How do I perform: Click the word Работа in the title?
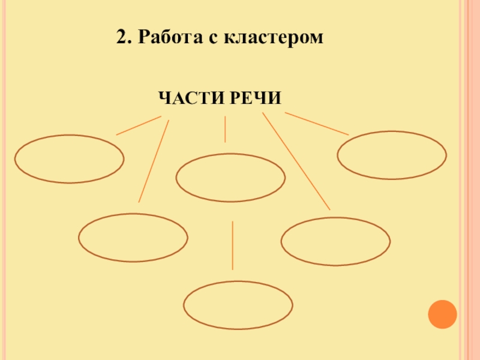(x=169, y=38)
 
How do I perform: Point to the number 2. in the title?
(x=124, y=38)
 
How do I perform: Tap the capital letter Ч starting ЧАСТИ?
(x=164, y=97)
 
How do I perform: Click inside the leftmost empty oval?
(x=70, y=159)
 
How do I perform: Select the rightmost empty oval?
(x=392, y=155)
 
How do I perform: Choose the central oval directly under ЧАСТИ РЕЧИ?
(x=230, y=178)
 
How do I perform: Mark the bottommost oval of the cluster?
(x=238, y=305)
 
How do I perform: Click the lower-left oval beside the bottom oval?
(x=133, y=238)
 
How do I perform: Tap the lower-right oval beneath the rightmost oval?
(x=335, y=241)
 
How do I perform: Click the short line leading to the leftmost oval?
(x=138, y=125)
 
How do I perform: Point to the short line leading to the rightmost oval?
(x=316, y=124)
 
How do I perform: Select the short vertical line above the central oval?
(x=225, y=129)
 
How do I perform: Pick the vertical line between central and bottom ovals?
(x=232, y=245)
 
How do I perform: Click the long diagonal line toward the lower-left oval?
(x=154, y=161)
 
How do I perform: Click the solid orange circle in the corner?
(x=443, y=314)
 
